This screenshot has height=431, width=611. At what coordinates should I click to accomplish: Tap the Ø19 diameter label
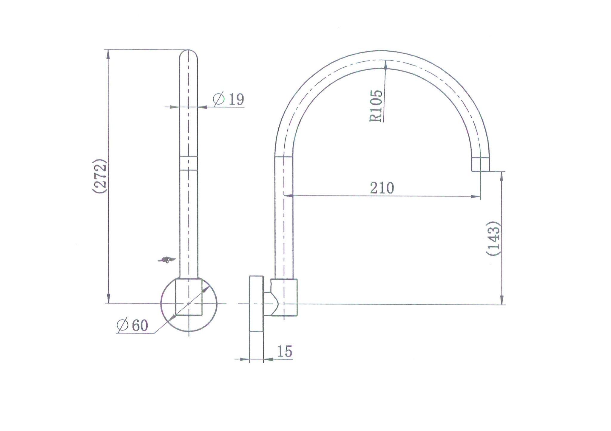click(x=229, y=99)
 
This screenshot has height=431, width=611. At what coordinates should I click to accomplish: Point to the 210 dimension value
click(x=382, y=188)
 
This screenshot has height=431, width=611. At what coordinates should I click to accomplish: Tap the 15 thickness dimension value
click(x=285, y=351)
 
